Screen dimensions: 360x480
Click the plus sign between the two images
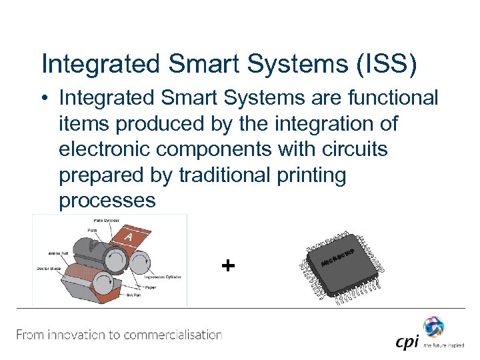coord(228,266)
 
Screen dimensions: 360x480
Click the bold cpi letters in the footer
coord(407,342)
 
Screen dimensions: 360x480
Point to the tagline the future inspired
coord(443,345)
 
